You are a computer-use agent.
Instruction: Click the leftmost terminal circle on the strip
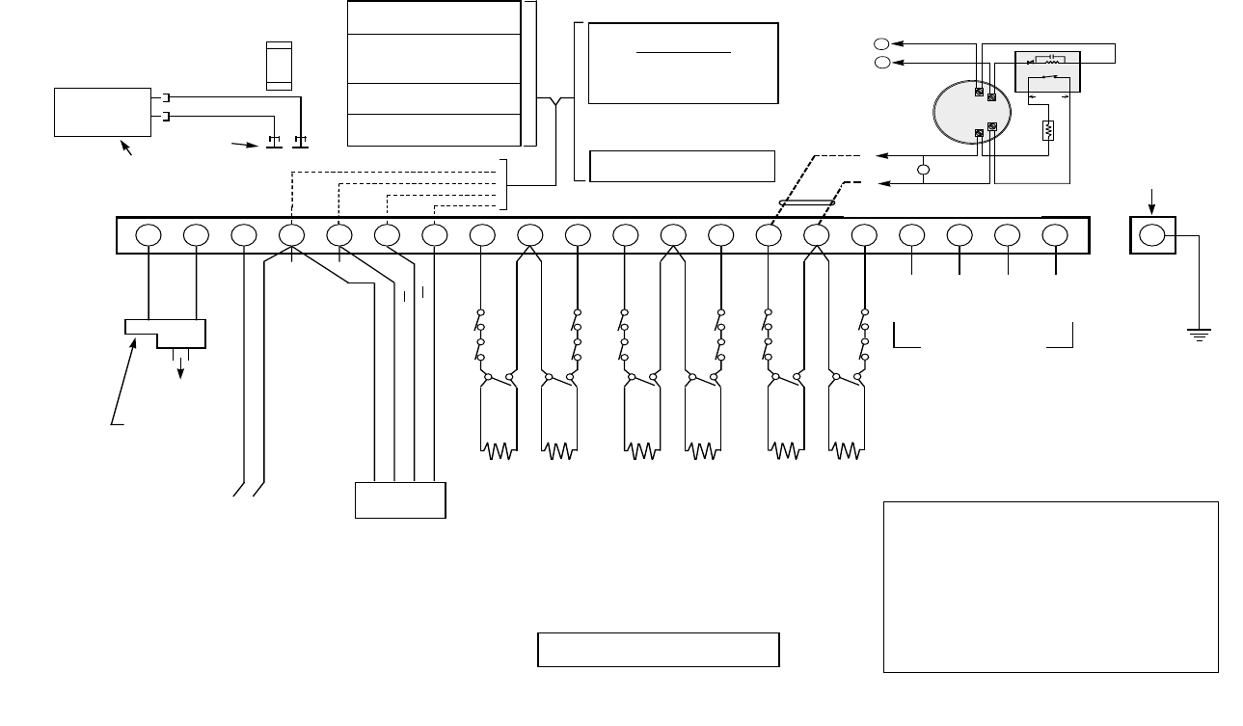click(x=148, y=235)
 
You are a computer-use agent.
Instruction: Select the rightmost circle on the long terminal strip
click(x=1056, y=235)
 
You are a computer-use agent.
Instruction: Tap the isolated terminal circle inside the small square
click(x=1151, y=235)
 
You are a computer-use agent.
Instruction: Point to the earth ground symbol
click(x=1200, y=334)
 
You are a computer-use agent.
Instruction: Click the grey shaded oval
click(x=973, y=112)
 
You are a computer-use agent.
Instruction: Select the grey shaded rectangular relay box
click(x=1048, y=70)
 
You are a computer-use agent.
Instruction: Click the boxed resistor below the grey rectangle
click(x=1048, y=130)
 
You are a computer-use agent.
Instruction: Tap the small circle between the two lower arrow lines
click(x=923, y=170)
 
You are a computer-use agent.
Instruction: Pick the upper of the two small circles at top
click(x=880, y=43)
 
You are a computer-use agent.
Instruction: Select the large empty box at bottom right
click(x=1050, y=585)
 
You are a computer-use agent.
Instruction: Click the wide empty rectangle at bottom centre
click(x=658, y=650)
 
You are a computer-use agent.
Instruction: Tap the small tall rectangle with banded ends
click(x=279, y=66)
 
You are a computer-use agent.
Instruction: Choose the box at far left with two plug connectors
click(x=103, y=111)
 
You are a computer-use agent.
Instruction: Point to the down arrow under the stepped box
click(x=179, y=370)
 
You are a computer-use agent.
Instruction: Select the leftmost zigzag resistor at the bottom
click(x=498, y=449)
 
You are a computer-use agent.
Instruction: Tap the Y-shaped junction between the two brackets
click(x=554, y=98)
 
